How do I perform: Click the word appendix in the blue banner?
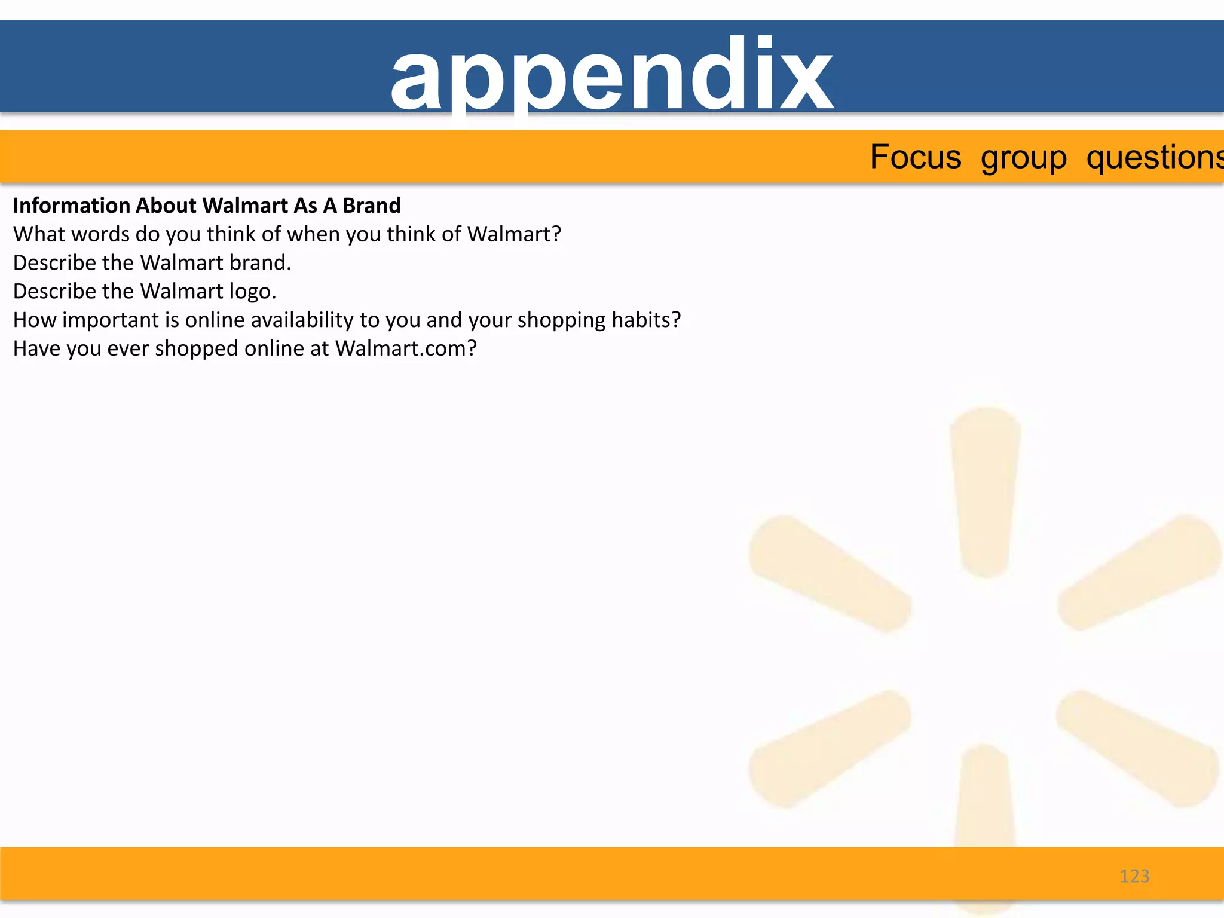click(611, 75)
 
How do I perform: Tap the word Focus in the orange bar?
click(915, 157)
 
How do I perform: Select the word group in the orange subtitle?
click(1023, 158)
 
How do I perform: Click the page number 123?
click(1134, 876)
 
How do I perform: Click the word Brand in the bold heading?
click(371, 206)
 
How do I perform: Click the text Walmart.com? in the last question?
click(406, 348)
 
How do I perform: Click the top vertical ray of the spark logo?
click(986, 490)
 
